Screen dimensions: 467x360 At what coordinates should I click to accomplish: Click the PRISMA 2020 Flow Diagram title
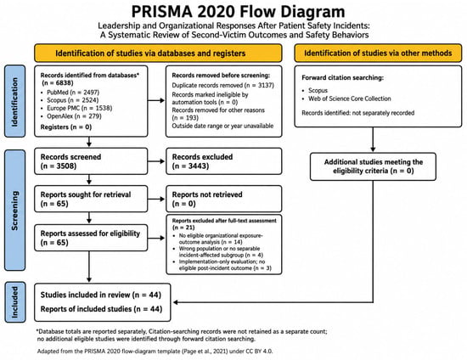coord(238,12)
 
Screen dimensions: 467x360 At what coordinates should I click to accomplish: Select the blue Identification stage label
coord(14,101)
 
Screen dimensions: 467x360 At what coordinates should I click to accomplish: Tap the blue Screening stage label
coord(14,211)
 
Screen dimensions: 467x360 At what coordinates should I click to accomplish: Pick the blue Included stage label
coord(15,302)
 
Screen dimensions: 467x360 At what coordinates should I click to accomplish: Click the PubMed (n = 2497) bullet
coord(73,93)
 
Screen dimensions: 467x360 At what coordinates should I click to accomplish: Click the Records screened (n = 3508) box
coord(91,161)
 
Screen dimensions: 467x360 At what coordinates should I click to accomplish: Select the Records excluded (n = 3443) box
coord(223,161)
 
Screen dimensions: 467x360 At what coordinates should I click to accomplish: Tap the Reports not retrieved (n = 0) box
coord(223,199)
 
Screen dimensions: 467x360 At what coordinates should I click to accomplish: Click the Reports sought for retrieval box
coord(91,199)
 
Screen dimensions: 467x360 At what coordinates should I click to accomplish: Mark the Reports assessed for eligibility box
coord(91,238)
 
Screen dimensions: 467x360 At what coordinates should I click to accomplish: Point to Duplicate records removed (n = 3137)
coord(222,86)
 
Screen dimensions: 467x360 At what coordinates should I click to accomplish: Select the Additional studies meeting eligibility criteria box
coord(373,166)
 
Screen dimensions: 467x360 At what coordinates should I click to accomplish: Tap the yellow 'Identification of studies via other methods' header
coord(378,53)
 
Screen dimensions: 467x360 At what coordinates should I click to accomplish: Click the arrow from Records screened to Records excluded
coord(156,161)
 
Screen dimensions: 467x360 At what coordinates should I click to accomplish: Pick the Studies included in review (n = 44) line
coord(101,295)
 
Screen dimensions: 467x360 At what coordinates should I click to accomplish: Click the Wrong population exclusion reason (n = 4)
coord(221,251)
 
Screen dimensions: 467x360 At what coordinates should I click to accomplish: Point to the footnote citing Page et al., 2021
coord(155,351)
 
